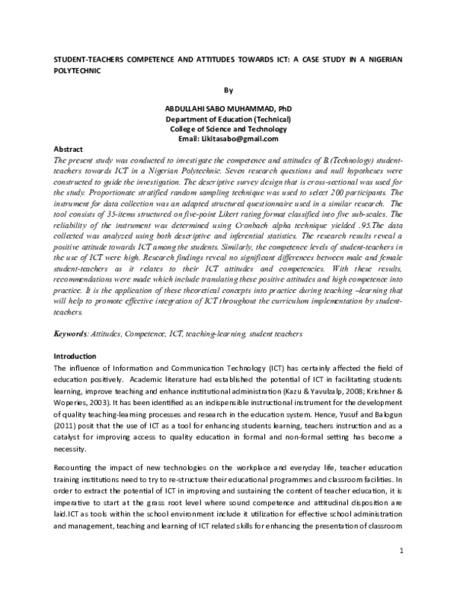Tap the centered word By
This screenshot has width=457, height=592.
tap(228, 88)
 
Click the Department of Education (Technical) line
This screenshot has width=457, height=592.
tap(228, 119)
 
